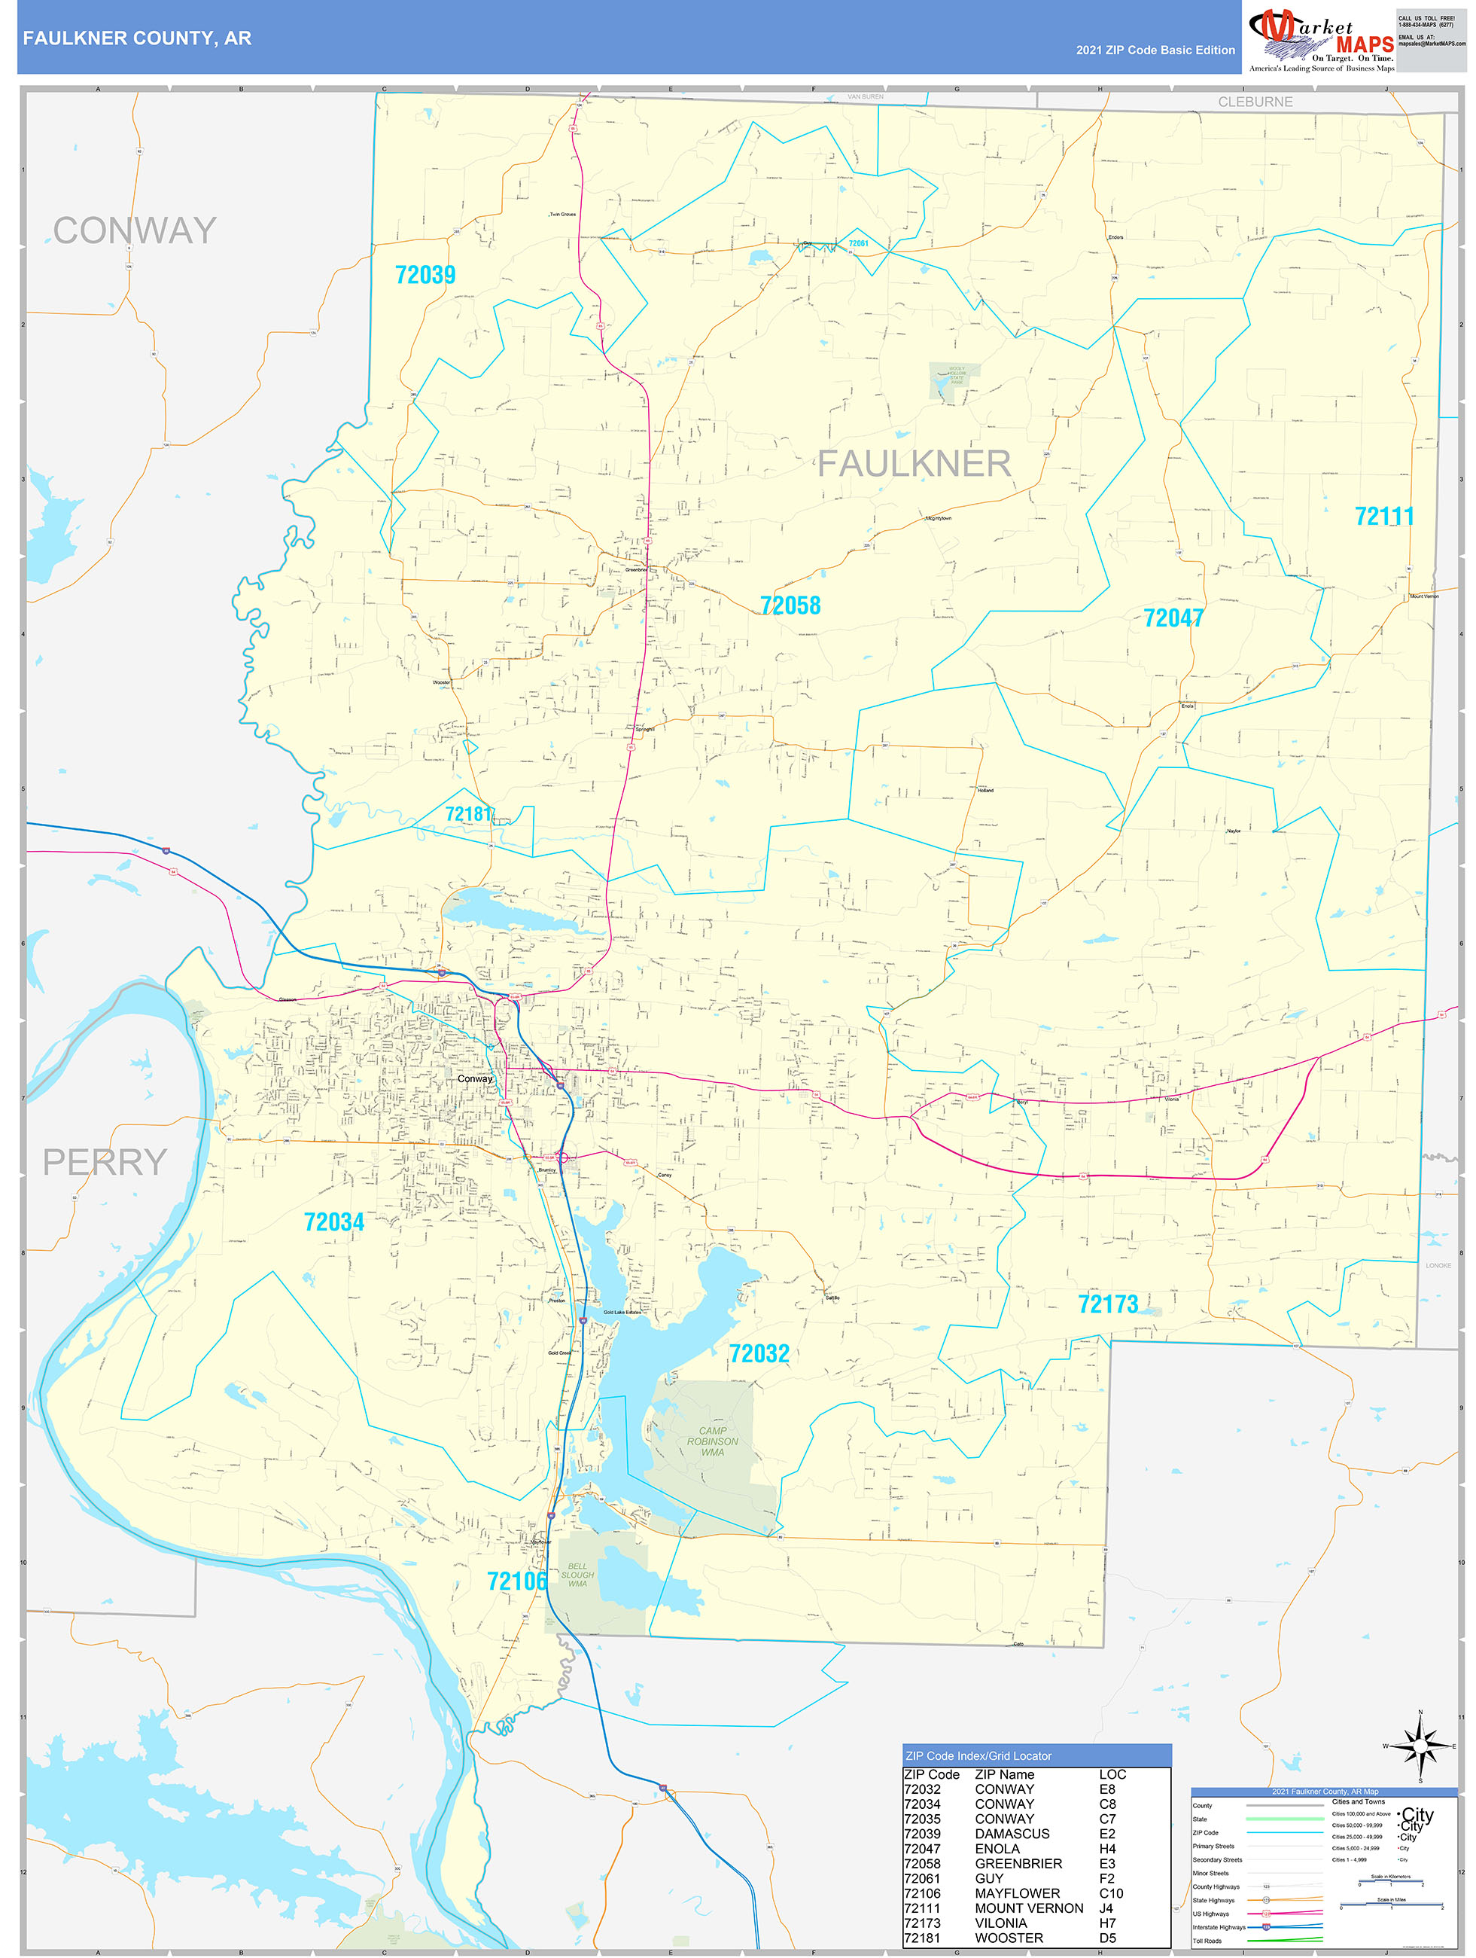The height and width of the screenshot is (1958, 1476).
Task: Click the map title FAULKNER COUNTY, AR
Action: (137, 38)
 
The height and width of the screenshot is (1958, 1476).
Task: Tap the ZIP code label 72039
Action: (425, 276)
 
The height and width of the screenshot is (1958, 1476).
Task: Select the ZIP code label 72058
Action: (790, 605)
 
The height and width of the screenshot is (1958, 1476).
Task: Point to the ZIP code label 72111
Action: (1383, 516)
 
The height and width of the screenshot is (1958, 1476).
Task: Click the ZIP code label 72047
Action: (1173, 618)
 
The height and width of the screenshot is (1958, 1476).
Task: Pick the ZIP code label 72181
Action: (468, 814)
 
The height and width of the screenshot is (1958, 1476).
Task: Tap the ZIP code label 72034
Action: (333, 1222)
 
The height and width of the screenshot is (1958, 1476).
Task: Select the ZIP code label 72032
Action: (759, 1353)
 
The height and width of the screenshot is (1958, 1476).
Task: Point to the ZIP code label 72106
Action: (517, 1581)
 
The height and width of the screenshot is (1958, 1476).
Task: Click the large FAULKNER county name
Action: (913, 464)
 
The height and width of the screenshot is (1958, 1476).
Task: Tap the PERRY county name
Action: (105, 1162)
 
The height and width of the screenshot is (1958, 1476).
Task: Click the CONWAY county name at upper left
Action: (135, 231)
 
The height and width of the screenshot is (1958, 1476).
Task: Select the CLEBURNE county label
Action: (1254, 102)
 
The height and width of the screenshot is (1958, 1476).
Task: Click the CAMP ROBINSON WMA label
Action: (712, 1441)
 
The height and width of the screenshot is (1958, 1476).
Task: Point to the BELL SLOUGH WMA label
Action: (577, 1575)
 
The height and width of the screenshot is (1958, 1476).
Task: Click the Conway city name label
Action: (474, 1078)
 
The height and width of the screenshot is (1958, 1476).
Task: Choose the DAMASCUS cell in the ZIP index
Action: (1012, 1834)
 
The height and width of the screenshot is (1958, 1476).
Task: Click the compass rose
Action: (1420, 1746)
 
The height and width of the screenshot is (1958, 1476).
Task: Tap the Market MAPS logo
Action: (1320, 38)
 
